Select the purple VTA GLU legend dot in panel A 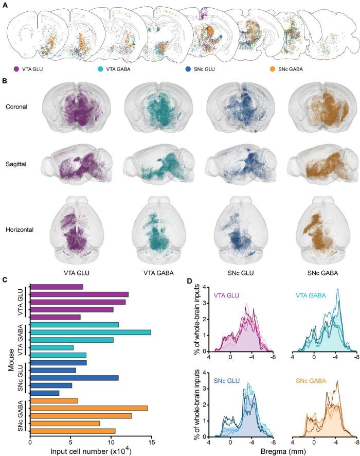17,68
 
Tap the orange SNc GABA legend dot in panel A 272,68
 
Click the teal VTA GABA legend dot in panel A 100,68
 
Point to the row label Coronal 17,107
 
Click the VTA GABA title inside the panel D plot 323,296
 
